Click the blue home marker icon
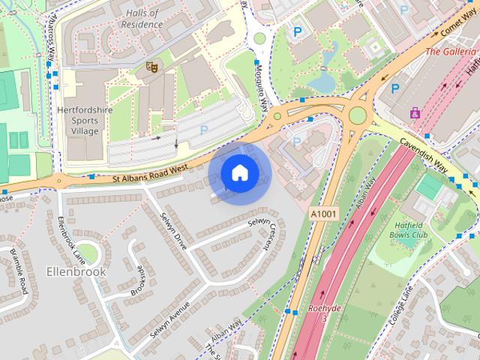pos(238,173)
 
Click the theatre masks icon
pos(151,67)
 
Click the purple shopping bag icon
pos(415,112)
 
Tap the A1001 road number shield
pos(323,214)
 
